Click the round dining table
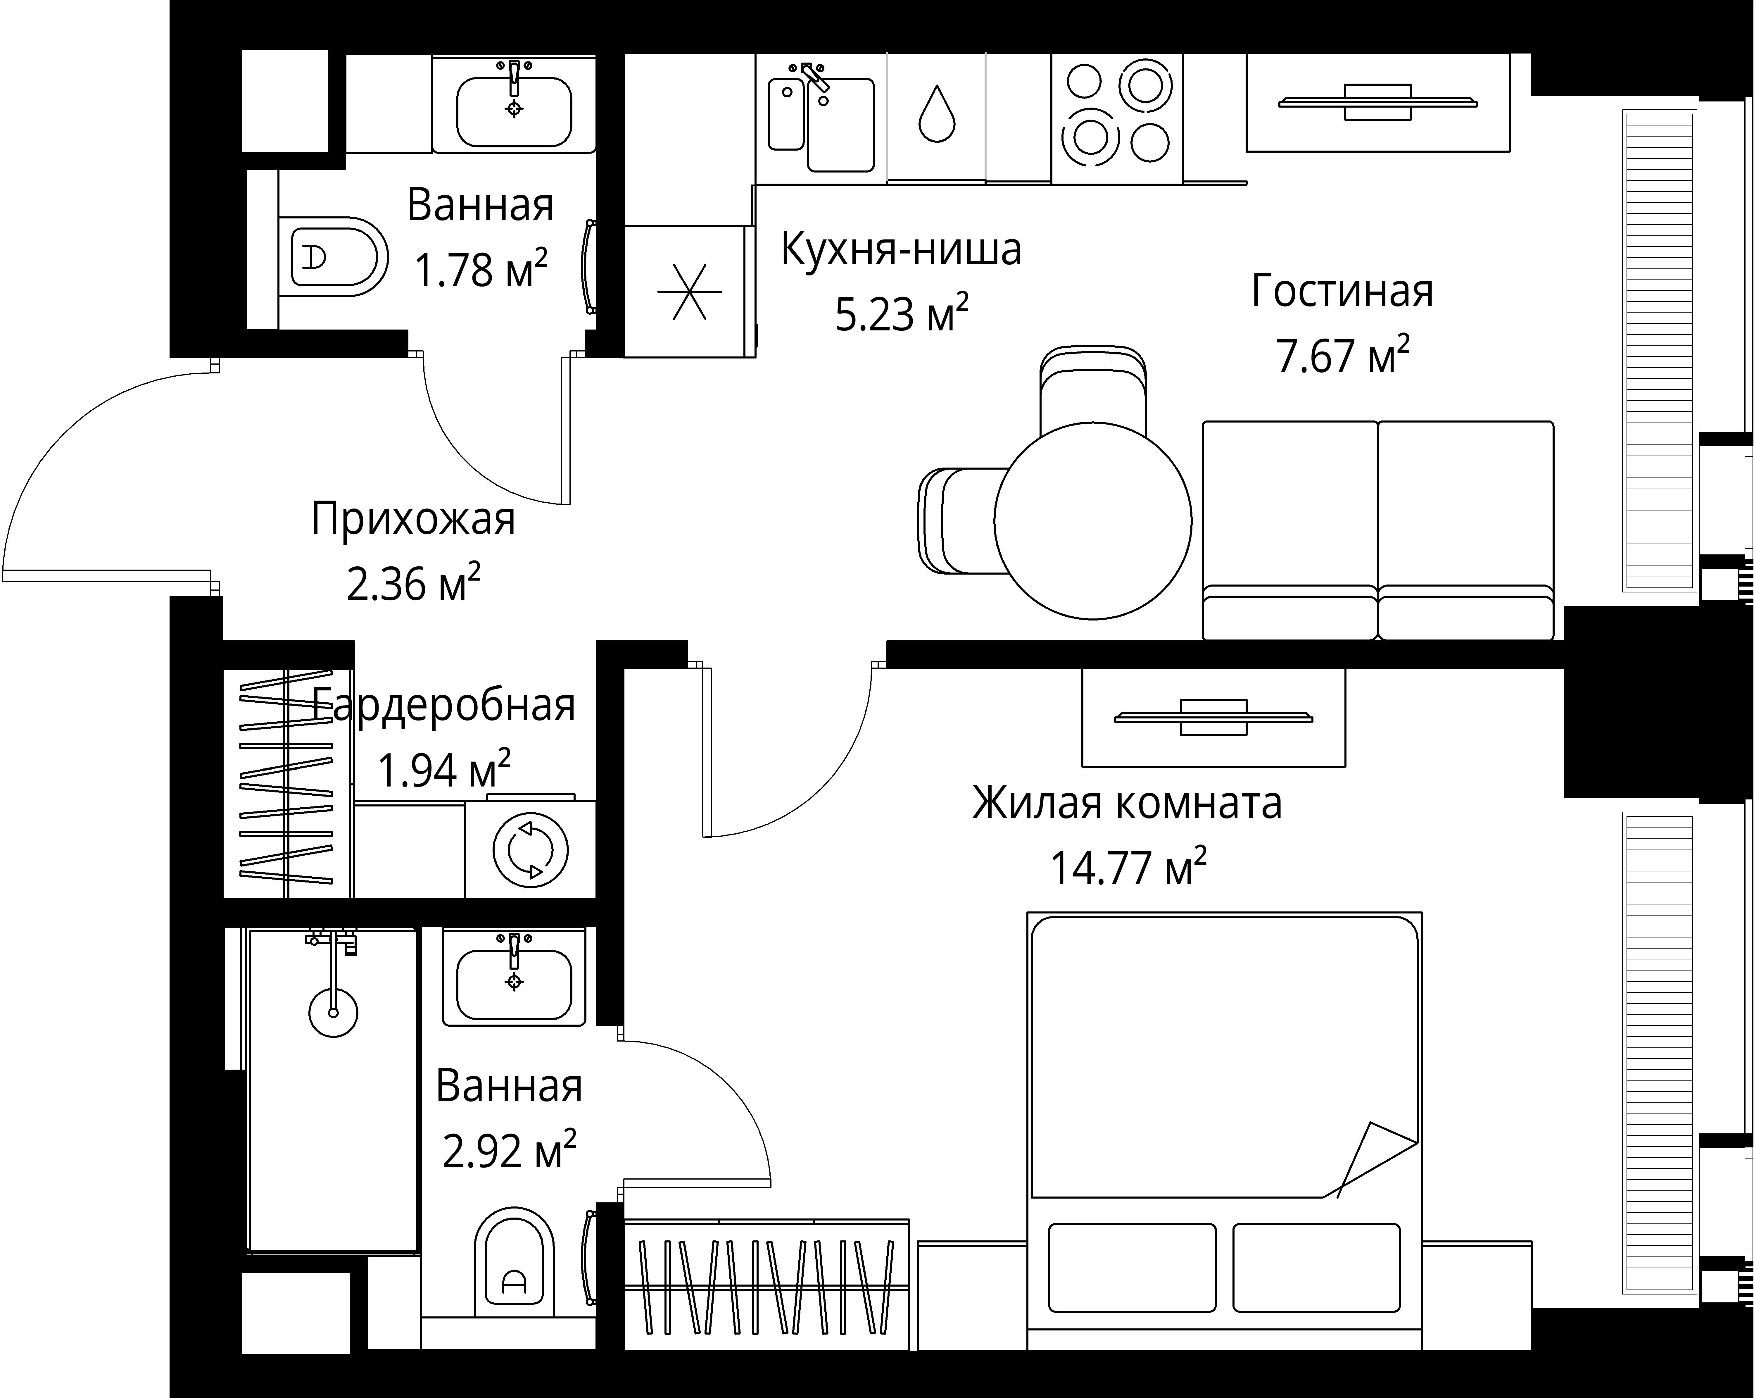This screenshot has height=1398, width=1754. (1092, 521)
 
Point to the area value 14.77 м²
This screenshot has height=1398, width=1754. (1128, 868)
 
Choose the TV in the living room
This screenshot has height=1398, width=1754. (1377, 103)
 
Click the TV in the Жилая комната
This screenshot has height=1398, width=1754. (1213, 717)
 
